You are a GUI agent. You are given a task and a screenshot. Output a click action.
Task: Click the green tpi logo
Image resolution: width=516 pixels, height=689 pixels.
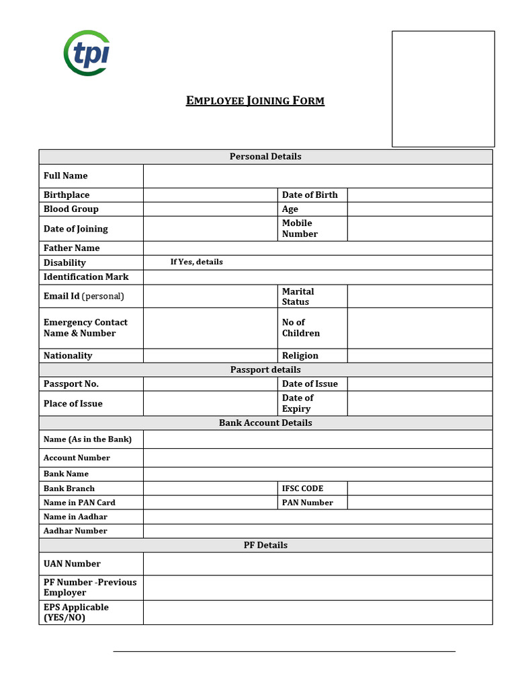coord(87,52)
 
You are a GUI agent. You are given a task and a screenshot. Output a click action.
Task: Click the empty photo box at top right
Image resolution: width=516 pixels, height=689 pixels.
coord(443,88)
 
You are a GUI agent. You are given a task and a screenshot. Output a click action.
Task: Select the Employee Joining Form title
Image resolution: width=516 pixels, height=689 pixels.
coord(255,101)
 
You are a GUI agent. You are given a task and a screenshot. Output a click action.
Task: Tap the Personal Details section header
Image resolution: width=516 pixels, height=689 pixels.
coord(265,157)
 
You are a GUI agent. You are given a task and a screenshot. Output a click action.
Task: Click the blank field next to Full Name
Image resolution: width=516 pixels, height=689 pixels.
coord(317,176)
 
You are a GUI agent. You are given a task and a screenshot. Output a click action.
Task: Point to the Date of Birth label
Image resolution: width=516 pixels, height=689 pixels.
coord(310,195)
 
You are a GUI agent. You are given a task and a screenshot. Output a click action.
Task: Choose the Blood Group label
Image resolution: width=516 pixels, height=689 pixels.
coord(71,209)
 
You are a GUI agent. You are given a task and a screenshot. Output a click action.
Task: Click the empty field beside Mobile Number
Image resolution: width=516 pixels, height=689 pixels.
coord(419,229)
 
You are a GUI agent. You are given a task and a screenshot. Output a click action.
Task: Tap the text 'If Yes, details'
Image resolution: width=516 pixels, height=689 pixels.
coord(196,262)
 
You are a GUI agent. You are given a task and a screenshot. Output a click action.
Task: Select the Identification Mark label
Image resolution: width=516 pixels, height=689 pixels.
coord(86,277)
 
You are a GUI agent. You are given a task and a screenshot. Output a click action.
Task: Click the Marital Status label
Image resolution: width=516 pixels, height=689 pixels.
coord(298,297)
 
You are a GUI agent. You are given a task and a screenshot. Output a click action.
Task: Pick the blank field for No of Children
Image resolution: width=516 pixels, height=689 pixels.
coord(419,328)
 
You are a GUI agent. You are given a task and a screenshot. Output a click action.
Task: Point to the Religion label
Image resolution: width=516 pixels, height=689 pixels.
coord(300,356)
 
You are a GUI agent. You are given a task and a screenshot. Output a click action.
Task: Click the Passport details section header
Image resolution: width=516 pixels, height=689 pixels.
coord(265,370)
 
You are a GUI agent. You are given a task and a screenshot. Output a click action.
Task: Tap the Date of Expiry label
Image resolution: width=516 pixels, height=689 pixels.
coord(298,403)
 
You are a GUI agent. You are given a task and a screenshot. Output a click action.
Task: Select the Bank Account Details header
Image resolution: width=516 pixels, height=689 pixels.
coord(265,423)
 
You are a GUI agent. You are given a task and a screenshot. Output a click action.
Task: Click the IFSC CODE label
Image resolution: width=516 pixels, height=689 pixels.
coord(302,488)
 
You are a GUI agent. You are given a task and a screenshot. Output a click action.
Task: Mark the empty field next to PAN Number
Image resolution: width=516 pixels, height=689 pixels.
coord(419,503)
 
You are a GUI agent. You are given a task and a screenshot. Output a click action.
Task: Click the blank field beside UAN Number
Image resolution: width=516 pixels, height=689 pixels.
coord(317,564)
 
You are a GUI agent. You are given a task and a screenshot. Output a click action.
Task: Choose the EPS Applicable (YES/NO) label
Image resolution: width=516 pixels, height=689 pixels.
coord(76,612)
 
